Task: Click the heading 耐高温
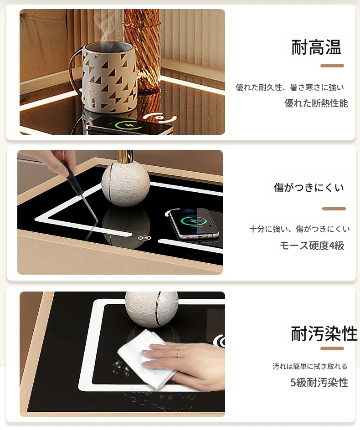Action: click(316, 47)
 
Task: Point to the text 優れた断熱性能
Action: click(316, 103)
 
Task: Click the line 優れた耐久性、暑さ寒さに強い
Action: click(290, 87)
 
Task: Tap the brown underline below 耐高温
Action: click(332, 66)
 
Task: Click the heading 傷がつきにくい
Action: click(309, 187)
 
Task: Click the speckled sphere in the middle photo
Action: click(126, 180)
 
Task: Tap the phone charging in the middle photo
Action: click(194, 223)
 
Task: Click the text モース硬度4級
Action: click(312, 246)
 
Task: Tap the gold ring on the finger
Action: click(178, 353)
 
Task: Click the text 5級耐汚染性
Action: click(319, 382)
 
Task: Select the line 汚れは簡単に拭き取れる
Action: click(310, 366)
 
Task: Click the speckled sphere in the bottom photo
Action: click(152, 309)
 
